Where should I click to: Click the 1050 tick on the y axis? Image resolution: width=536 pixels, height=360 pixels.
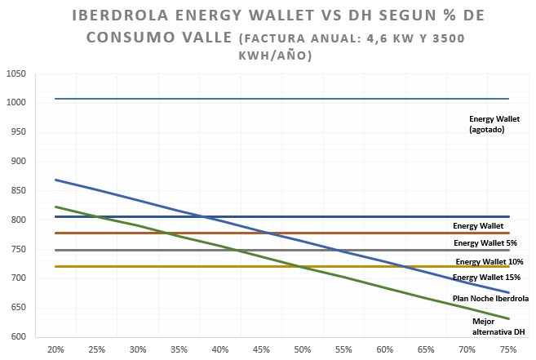point(17,74)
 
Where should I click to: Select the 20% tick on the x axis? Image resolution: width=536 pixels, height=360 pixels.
point(56,349)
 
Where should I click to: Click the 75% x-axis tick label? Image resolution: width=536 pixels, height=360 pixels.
point(508,349)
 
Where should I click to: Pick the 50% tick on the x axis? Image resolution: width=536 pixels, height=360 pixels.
point(303,349)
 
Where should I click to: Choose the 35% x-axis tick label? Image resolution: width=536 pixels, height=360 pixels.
point(179,349)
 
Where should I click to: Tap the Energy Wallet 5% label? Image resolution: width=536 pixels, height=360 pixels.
point(485,243)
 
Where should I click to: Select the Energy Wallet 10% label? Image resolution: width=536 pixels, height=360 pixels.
point(489,262)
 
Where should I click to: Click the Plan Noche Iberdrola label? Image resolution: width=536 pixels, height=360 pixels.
point(491,299)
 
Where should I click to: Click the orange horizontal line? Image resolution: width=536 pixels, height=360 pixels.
point(245,233)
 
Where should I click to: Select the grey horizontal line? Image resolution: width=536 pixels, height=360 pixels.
point(245,250)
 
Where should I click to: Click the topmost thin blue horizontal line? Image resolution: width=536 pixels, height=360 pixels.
point(245,99)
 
